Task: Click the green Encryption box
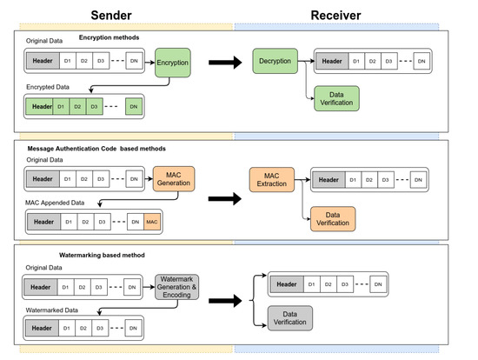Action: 173,63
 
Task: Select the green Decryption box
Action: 275,61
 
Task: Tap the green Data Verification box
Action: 336,98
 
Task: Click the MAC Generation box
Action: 174,179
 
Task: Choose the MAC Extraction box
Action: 272,180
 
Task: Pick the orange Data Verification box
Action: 333,219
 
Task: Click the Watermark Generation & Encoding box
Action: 176,287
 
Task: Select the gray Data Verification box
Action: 290,318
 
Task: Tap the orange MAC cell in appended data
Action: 152,222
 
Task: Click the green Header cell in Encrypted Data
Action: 39,106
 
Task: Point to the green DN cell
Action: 134,106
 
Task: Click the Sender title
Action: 111,16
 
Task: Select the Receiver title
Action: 335,16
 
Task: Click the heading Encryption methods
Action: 109,37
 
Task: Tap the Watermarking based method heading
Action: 102,255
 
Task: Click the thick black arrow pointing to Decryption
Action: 225,63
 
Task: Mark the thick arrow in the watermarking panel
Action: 225,301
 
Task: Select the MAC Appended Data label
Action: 55,203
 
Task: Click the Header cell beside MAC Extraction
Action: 329,180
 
